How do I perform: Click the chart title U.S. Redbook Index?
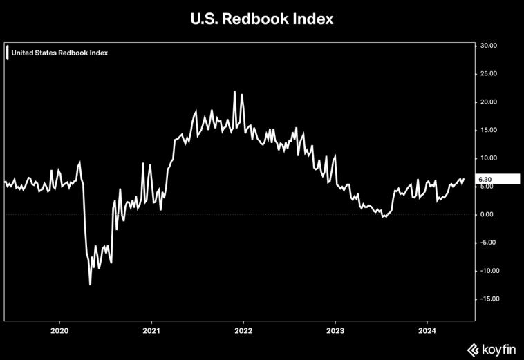pyautogui.click(x=262, y=19)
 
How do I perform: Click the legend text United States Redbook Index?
pyautogui.click(x=59, y=53)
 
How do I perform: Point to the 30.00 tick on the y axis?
pyautogui.click(x=488, y=46)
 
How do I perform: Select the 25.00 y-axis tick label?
pyautogui.click(x=488, y=74)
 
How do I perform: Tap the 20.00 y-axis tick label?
pyautogui.click(x=488, y=102)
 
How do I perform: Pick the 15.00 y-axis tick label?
pyautogui.click(x=488, y=130)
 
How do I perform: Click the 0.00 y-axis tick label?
pyautogui.click(x=487, y=214)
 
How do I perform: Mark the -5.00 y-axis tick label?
pyautogui.click(x=487, y=243)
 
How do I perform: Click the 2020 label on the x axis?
pyautogui.click(x=59, y=330)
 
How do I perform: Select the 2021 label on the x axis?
pyautogui.click(x=151, y=330)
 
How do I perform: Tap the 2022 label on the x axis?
pyautogui.click(x=243, y=330)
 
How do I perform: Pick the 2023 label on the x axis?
pyautogui.click(x=335, y=330)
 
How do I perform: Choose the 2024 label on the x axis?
pyautogui.click(x=427, y=330)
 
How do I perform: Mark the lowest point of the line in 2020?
pyautogui.click(x=90, y=284)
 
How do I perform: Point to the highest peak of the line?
pyautogui.click(x=234, y=91)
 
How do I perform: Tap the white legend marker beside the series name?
pyautogui.click(x=7, y=53)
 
